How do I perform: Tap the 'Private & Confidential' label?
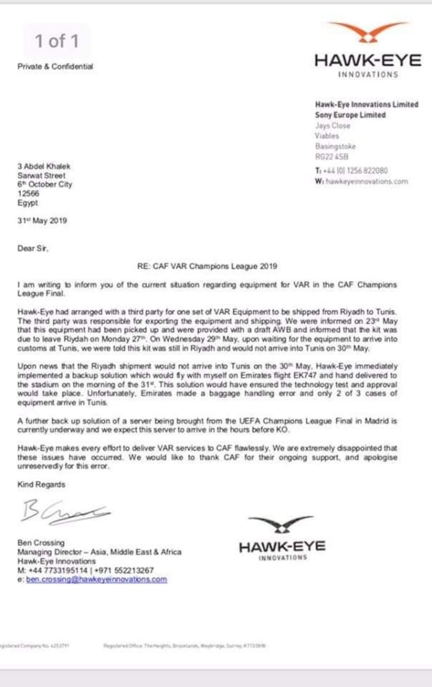(55, 66)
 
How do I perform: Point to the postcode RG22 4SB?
(328, 157)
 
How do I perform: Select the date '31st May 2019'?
(42, 221)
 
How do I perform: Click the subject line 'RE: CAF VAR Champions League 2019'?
(207, 266)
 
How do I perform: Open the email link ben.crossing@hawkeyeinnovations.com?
(96, 579)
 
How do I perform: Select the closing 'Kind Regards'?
(41, 484)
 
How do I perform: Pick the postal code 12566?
(28, 193)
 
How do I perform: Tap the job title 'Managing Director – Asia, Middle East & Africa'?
(100, 552)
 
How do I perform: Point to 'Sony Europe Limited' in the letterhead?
(350, 115)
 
